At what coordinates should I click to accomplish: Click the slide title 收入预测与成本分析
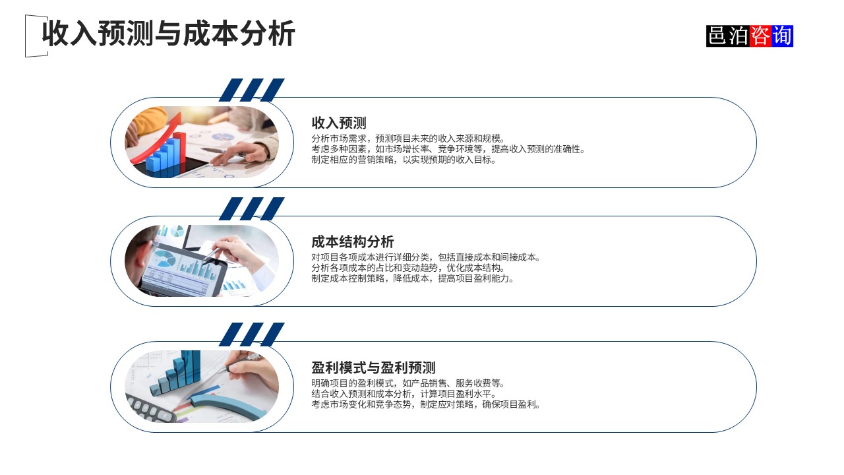click(168, 34)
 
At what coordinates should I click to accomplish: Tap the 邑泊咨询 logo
click(749, 36)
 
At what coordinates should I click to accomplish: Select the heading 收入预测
click(339, 123)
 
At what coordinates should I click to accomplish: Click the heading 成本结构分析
click(353, 241)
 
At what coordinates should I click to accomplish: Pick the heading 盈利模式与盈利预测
click(373, 367)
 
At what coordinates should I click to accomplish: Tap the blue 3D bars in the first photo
click(165, 156)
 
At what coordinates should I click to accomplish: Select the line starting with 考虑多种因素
click(448, 149)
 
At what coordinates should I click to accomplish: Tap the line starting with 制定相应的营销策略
click(404, 160)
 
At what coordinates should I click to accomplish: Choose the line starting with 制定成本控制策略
click(413, 278)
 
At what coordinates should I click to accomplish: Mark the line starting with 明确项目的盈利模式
click(408, 383)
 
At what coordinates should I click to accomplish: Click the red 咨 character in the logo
click(760, 36)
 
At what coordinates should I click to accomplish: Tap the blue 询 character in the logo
click(782, 36)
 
